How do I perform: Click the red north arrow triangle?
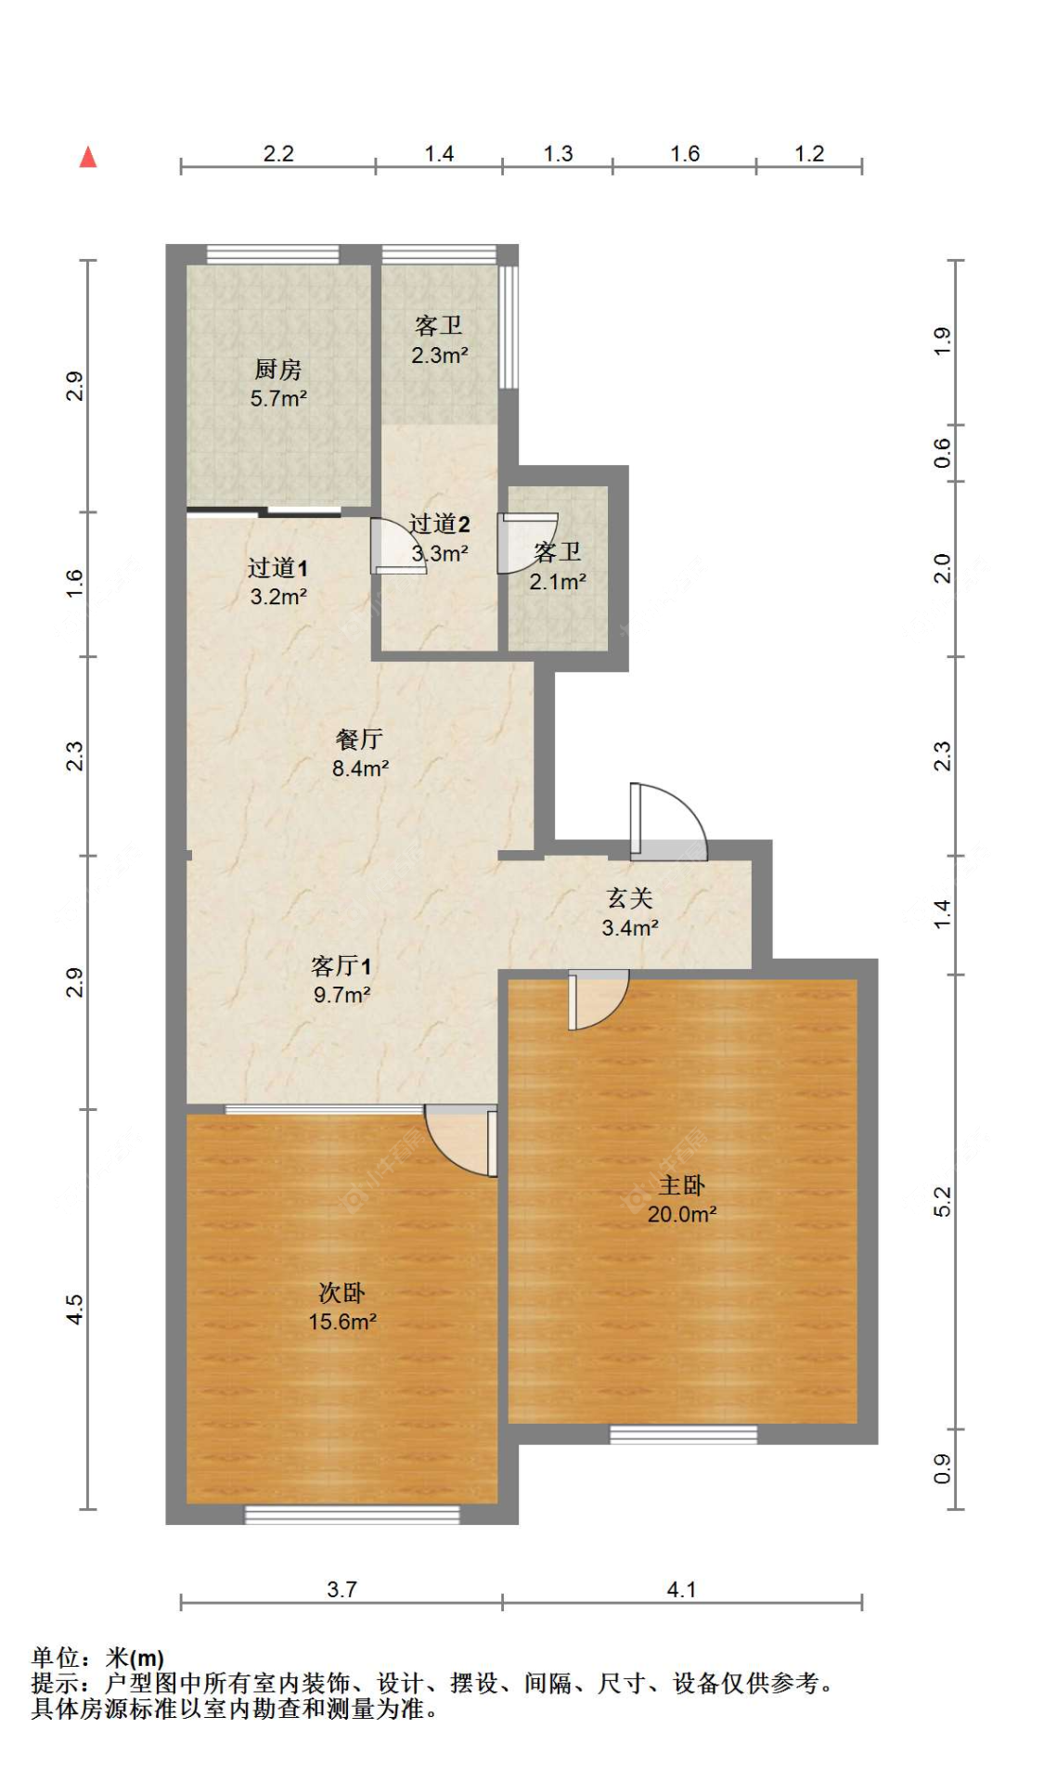tap(88, 157)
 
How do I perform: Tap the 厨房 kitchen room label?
tap(278, 369)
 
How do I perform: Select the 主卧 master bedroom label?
tap(682, 1184)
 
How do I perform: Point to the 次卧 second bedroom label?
tap(342, 1292)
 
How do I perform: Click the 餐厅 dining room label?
tap(359, 739)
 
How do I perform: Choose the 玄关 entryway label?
tap(630, 897)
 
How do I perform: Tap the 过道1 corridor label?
tap(277, 567)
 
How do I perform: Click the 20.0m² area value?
tap(682, 1213)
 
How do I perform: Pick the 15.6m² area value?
tap(342, 1321)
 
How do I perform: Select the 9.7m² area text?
tap(342, 994)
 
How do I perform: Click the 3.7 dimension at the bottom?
tap(342, 1589)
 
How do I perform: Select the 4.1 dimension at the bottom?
tap(681, 1589)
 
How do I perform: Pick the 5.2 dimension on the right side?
tap(942, 1202)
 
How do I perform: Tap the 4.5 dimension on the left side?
tap(74, 1310)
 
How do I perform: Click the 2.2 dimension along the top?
tap(278, 153)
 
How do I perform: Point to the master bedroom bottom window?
tap(683, 1434)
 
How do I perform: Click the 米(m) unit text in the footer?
tap(135, 1658)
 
